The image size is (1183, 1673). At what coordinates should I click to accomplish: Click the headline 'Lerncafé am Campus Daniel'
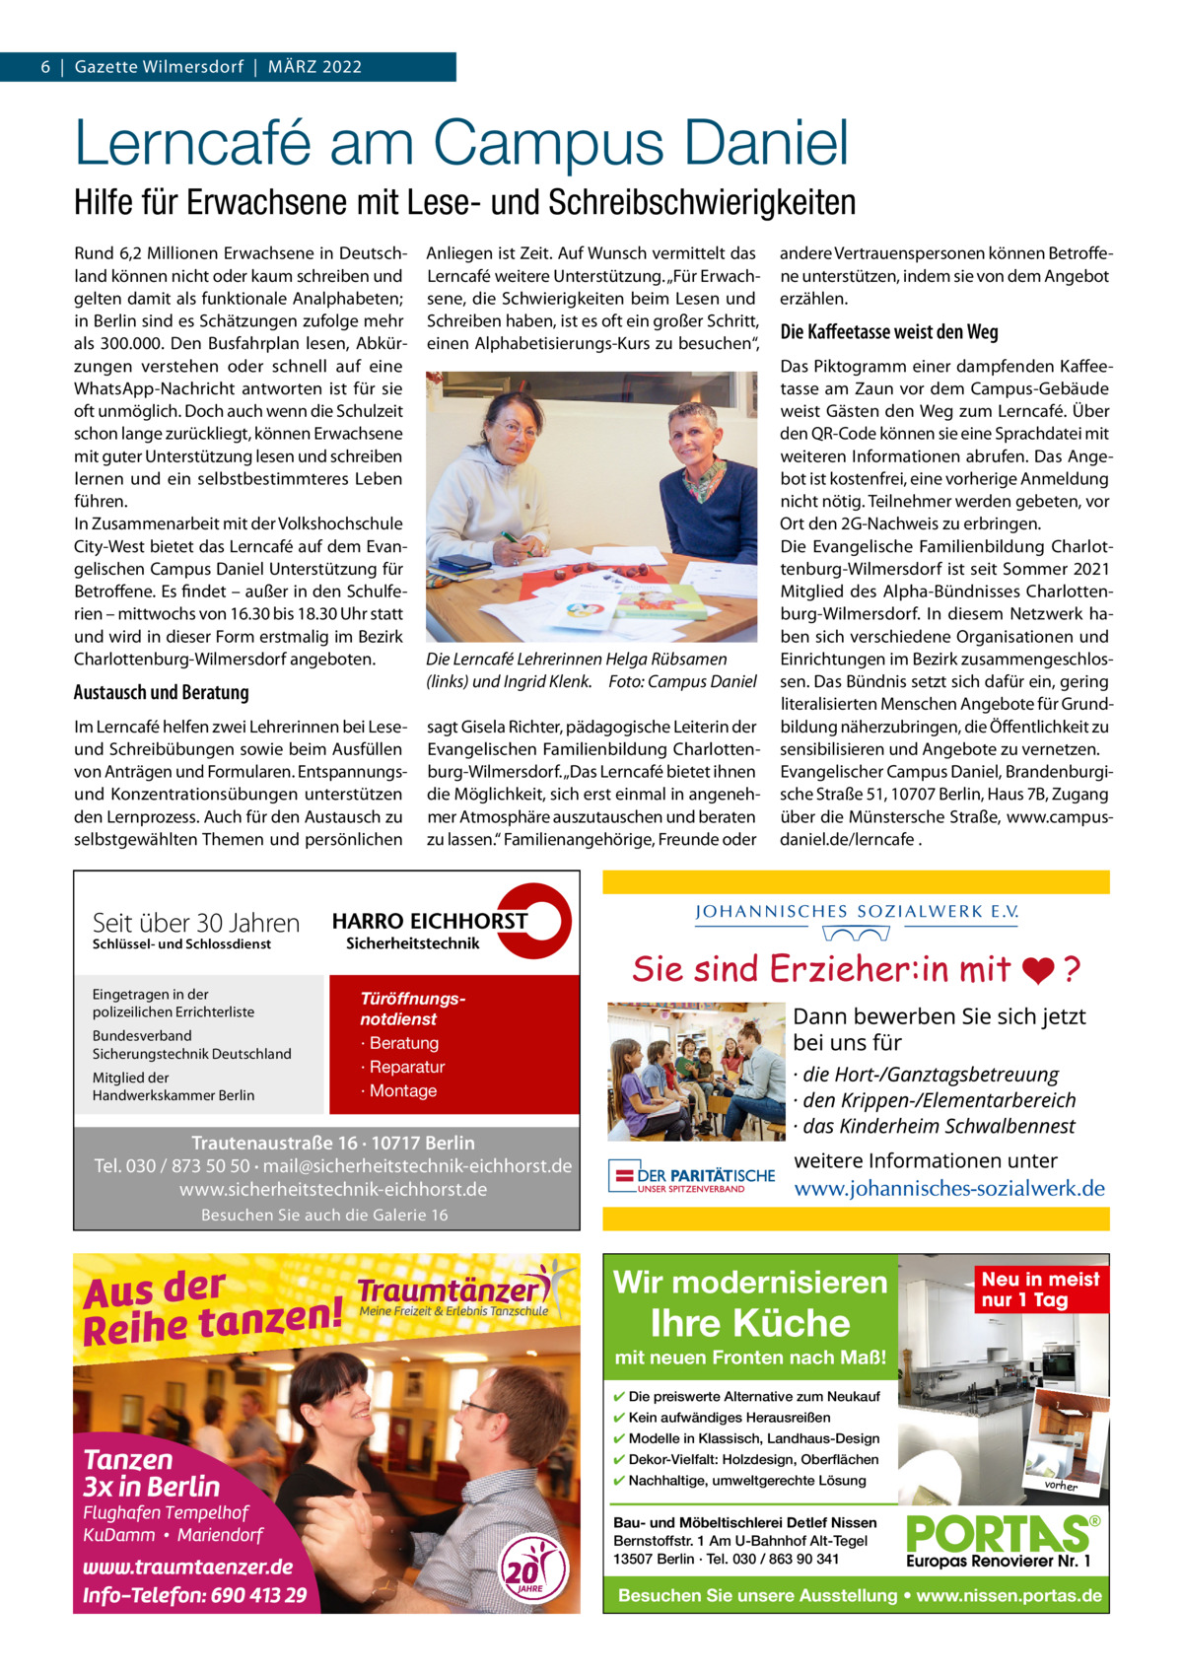coord(461,143)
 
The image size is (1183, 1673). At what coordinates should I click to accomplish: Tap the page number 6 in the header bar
coord(45,67)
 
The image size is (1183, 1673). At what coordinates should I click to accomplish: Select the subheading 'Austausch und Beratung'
coord(161,692)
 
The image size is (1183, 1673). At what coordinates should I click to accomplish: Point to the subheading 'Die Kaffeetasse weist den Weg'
coord(888,332)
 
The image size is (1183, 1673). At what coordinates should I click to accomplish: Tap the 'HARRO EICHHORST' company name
coord(429,922)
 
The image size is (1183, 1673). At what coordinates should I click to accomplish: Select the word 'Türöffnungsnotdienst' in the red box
coord(413,1009)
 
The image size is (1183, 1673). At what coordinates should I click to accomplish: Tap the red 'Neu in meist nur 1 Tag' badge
coord(1040,1290)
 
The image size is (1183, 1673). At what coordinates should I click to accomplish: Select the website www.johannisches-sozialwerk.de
coord(949,1189)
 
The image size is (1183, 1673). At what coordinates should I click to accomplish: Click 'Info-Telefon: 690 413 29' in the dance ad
coord(194,1595)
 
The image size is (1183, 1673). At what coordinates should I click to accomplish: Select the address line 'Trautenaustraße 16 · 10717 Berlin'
coord(332,1144)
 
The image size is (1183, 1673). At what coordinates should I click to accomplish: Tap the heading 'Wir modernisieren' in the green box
coord(750,1282)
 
